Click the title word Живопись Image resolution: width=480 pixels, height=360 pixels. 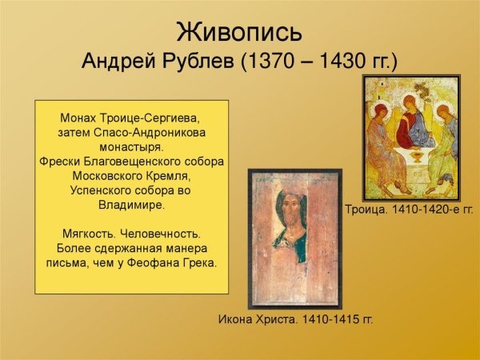click(239, 34)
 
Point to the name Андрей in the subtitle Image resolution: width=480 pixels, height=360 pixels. click(117, 62)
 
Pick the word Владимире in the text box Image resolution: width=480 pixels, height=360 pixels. click(131, 205)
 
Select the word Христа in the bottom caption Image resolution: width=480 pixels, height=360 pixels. click(267, 319)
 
